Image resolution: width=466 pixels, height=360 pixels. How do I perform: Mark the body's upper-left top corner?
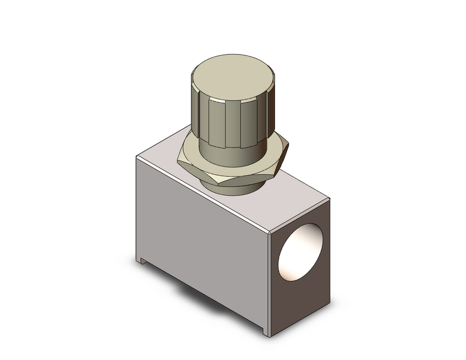click(136, 157)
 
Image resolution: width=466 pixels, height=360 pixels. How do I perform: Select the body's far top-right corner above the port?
click(329, 198)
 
